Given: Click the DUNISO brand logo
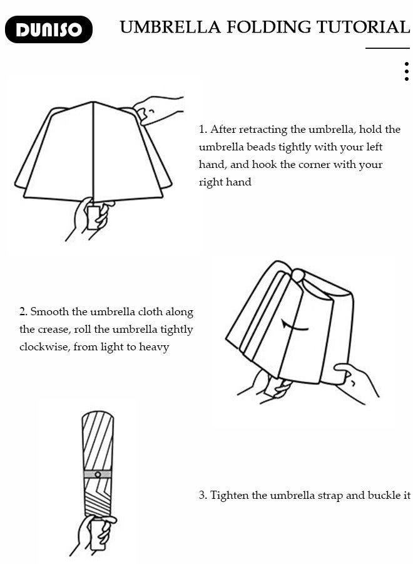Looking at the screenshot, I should (x=48, y=29).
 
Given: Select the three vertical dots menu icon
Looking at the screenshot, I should (x=406, y=71).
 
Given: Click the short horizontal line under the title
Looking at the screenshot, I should (x=387, y=48).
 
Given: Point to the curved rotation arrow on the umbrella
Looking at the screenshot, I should (x=295, y=326).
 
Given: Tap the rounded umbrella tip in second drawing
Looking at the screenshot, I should (x=298, y=275).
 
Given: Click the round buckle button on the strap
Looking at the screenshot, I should (x=98, y=474).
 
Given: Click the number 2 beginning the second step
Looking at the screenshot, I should (x=23, y=311).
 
